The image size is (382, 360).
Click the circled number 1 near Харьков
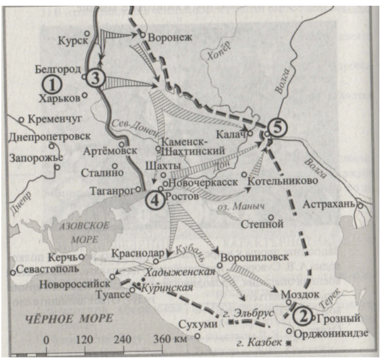click(x=52, y=83)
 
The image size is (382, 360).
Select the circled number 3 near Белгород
click(x=96, y=78)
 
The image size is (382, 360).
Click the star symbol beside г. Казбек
click(x=288, y=343)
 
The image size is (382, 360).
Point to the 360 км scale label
click(x=170, y=340)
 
